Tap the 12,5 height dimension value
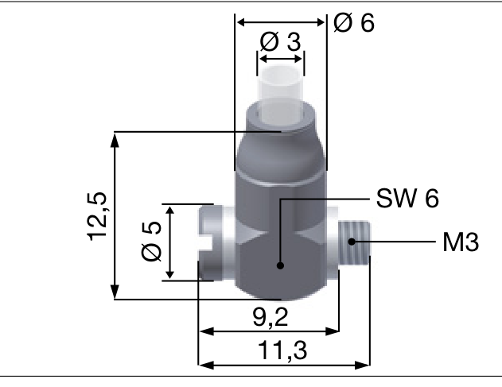pos(99,215)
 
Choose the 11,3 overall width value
pos(284,350)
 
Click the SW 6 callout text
pos(408,198)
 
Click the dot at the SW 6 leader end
pos(279,266)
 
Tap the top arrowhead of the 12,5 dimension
pos(116,137)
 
